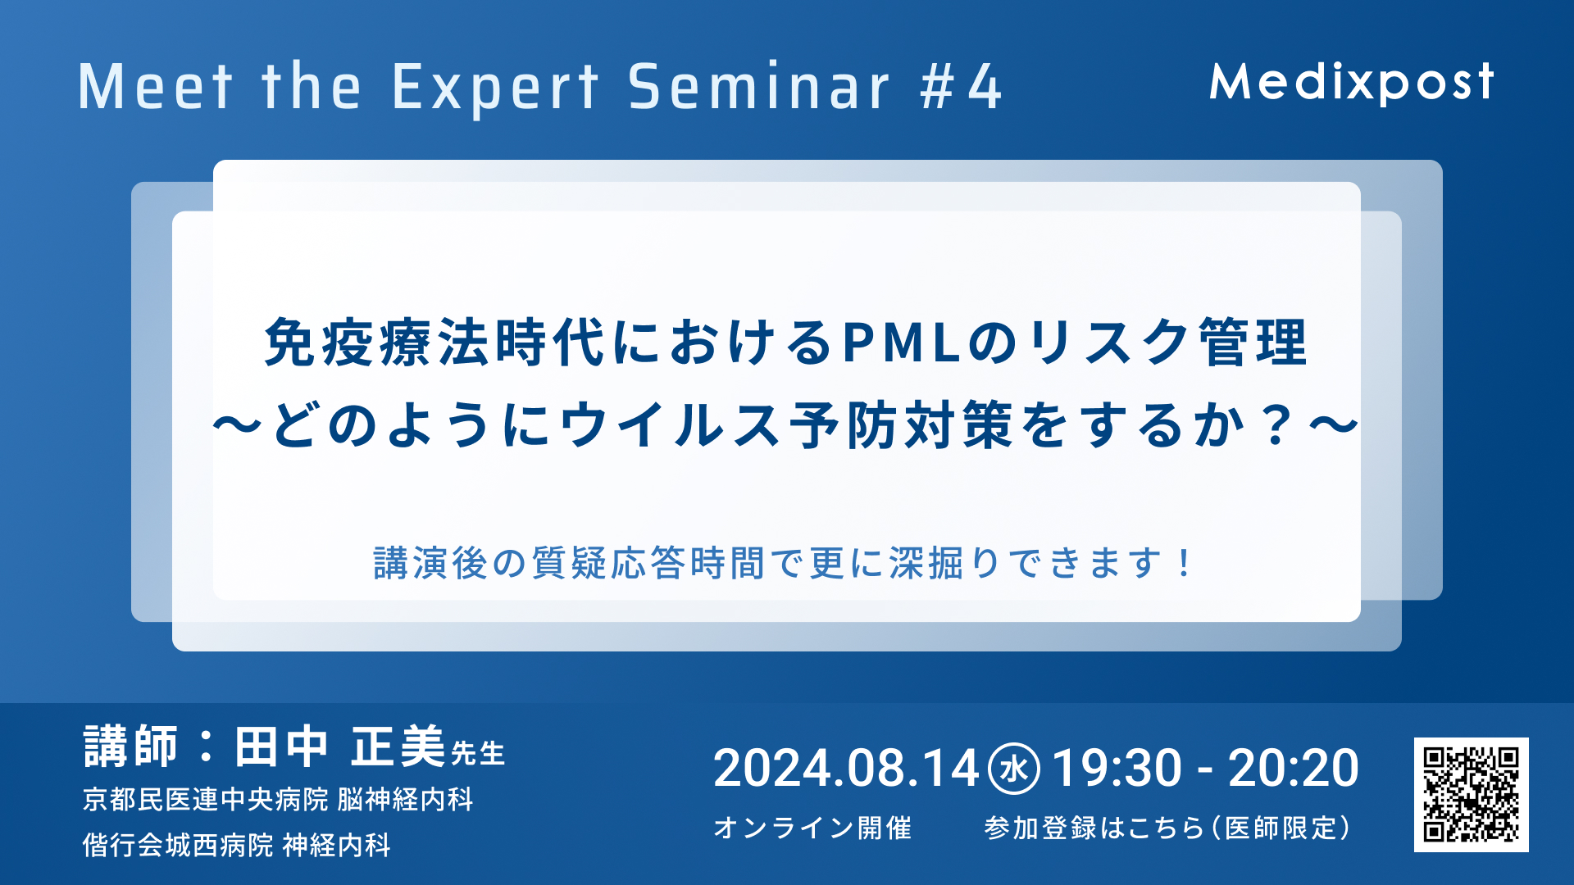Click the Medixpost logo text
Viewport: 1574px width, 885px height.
coord(1352,83)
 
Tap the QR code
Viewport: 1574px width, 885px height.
coord(1472,794)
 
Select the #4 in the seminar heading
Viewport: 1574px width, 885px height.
coord(961,87)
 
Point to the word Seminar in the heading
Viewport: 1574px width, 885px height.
coord(758,87)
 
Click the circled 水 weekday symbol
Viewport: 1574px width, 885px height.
coord(1014,769)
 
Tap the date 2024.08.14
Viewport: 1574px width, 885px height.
coord(846,769)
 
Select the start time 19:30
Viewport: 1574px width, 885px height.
coord(1117,769)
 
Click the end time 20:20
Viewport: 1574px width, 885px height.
coord(1293,769)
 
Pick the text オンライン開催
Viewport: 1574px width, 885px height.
coord(812,828)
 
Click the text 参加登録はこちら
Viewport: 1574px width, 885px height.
coord(1093,828)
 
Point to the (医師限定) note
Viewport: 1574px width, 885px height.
coord(1281,828)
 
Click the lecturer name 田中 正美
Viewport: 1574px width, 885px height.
coord(339,747)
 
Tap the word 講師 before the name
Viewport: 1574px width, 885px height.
coord(130,747)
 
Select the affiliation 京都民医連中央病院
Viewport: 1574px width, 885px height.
coord(205,799)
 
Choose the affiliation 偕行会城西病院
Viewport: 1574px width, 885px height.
coord(178,845)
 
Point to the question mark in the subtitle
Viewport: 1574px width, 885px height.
coord(1277,426)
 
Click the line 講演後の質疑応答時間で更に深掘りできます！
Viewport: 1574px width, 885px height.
coord(783,563)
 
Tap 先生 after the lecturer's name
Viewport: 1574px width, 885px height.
coord(477,753)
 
